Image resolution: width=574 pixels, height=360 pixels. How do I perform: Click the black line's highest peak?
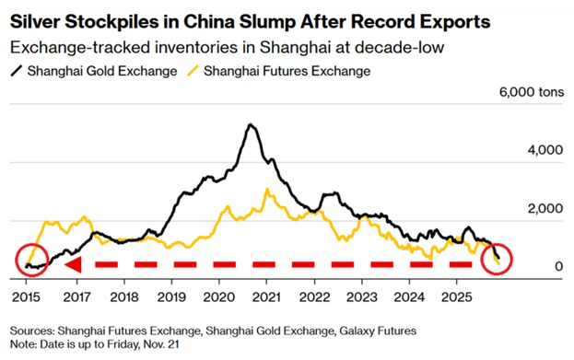pyautogui.click(x=249, y=124)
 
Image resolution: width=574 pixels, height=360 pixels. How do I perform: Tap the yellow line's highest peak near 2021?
pyautogui.click(x=266, y=190)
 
